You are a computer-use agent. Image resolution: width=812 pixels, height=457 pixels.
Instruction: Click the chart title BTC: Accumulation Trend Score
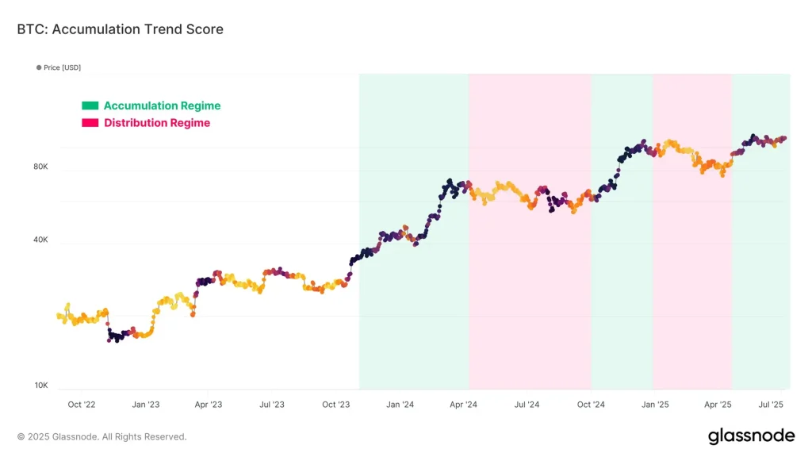(x=120, y=29)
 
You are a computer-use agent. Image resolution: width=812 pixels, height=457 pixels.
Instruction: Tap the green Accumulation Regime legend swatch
(x=90, y=106)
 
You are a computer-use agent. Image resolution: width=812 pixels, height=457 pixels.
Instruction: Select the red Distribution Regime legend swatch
(x=90, y=123)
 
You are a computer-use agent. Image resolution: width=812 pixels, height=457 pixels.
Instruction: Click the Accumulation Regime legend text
(x=162, y=106)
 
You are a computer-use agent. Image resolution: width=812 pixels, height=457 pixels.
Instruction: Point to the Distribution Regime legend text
(x=157, y=123)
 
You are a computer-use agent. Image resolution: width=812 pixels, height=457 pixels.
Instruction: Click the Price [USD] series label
(x=62, y=67)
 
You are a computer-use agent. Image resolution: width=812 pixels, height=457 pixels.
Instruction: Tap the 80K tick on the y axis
(x=40, y=167)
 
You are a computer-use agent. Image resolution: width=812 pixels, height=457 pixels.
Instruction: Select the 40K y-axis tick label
(x=40, y=240)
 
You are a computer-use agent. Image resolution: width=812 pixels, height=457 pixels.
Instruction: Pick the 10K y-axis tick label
(x=40, y=386)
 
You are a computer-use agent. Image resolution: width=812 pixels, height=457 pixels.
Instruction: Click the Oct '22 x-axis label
(x=82, y=405)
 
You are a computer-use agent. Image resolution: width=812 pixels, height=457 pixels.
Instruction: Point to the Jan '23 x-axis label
(x=145, y=405)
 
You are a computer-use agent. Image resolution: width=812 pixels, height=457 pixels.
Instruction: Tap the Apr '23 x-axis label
(x=208, y=405)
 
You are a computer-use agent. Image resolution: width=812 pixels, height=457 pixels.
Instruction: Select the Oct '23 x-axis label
(x=336, y=405)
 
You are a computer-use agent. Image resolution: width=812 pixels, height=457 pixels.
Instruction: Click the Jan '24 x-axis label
(x=400, y=405)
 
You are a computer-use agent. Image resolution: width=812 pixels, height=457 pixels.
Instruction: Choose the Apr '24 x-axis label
(x=463, y=405)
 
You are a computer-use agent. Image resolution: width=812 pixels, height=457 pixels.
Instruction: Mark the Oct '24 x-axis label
(x=591, y=405)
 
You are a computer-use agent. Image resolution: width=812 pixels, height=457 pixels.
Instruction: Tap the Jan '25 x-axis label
(x=654, y=405)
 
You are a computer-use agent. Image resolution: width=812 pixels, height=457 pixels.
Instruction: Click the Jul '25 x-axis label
(x=771, y=405)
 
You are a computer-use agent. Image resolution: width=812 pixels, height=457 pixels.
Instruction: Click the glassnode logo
(x=750, y=436)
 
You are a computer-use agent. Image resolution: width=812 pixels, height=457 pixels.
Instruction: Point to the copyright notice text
(x=102, y=436)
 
